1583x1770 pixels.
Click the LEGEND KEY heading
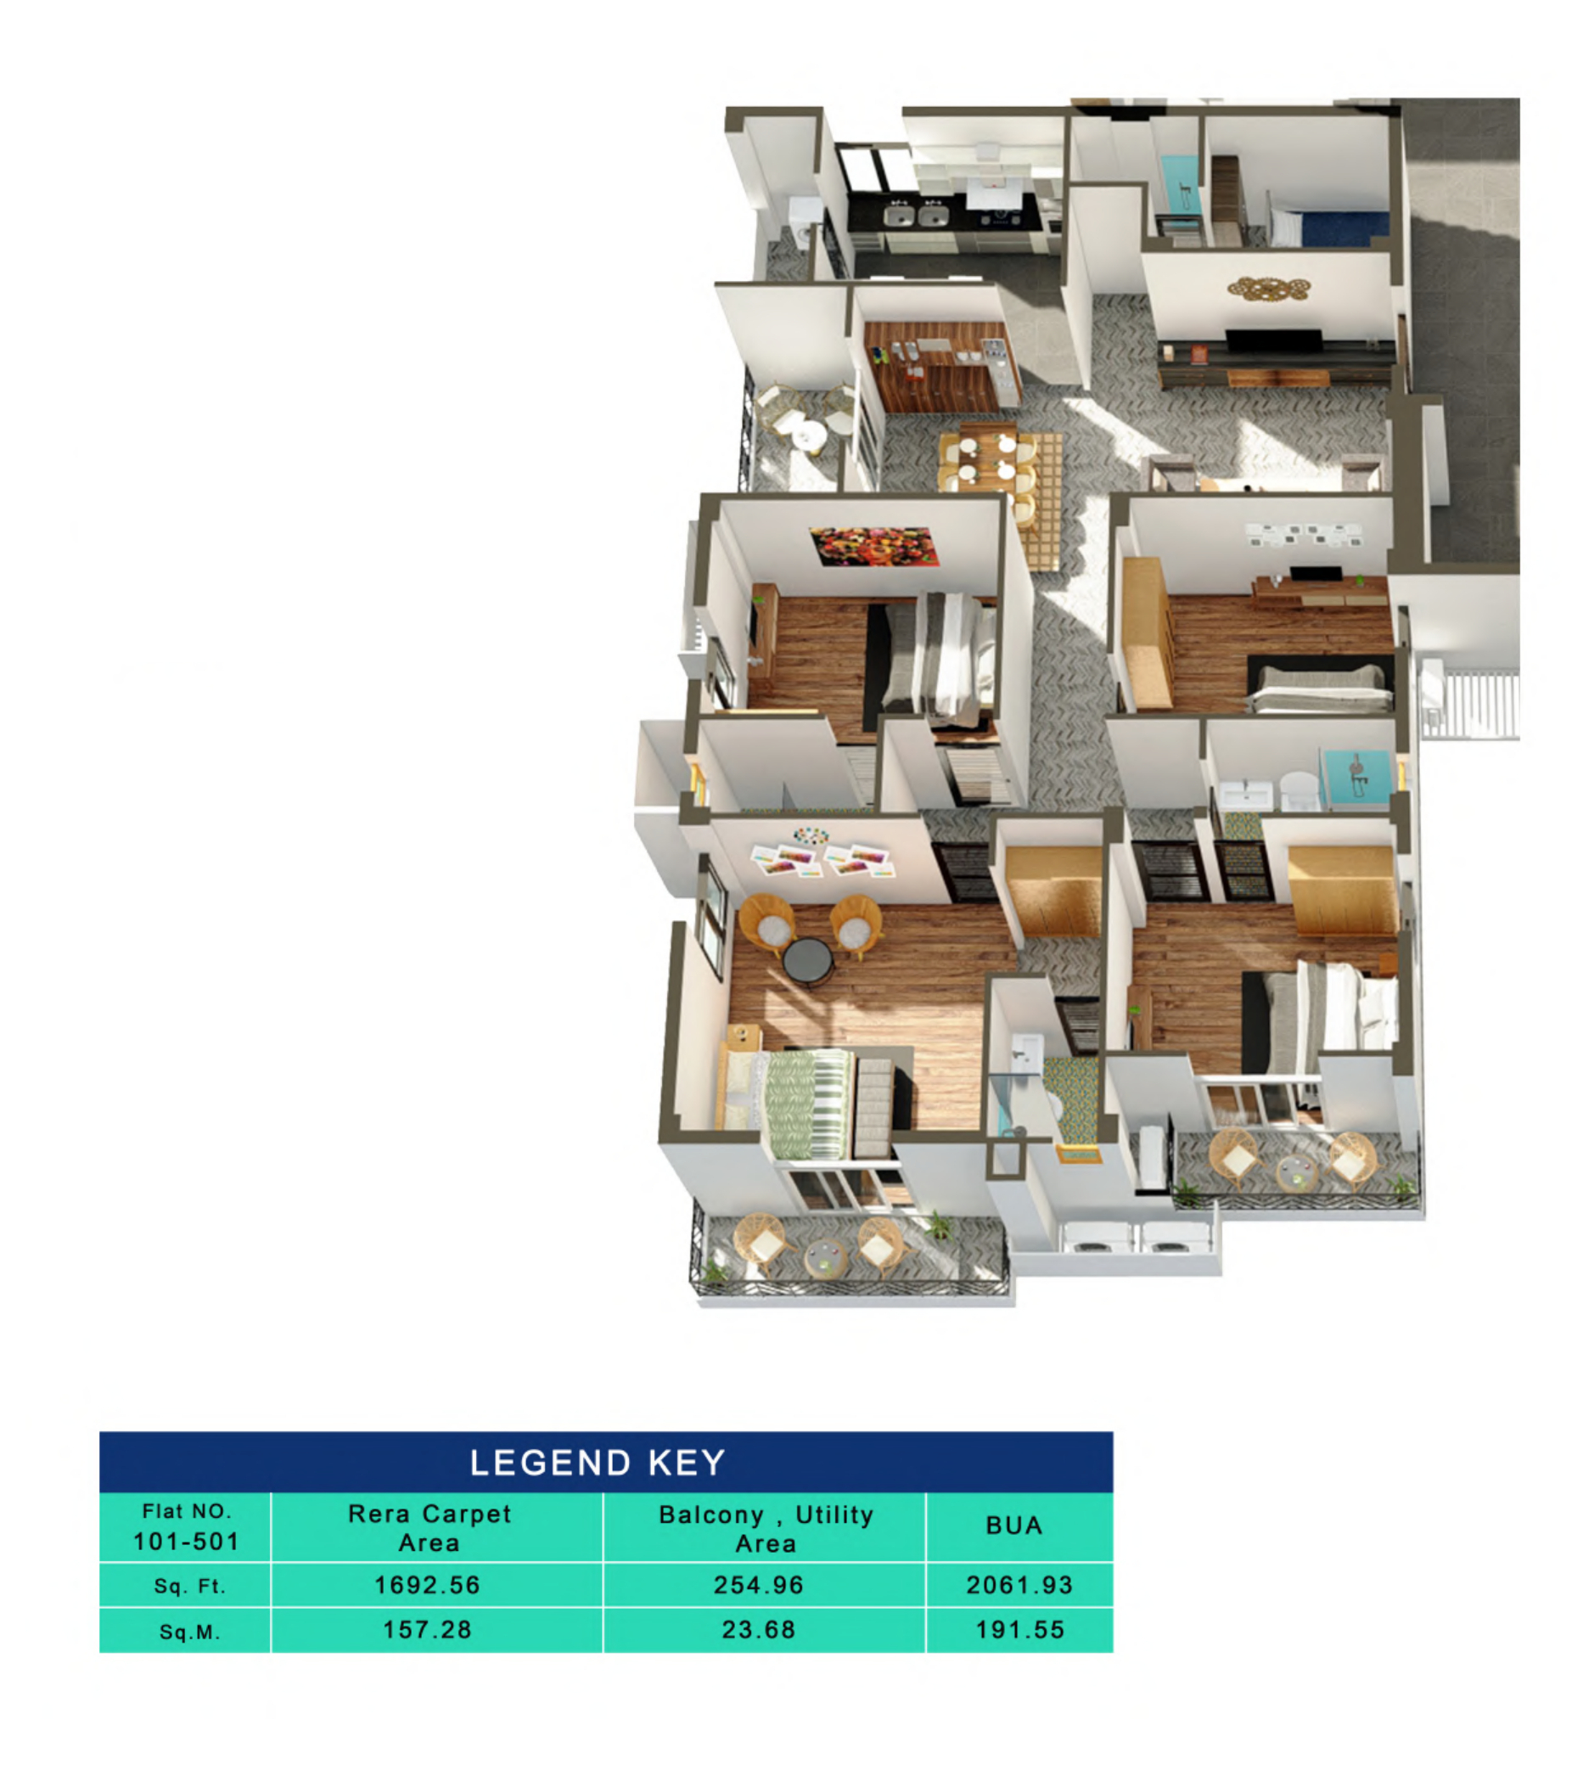597,1462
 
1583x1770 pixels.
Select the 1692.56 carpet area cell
427,1585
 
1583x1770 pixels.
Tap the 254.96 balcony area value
759,1585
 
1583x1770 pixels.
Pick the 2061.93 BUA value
1019,1585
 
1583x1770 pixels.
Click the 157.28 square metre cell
427,1629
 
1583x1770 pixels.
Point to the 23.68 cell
759,1629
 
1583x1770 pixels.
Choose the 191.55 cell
1019,1629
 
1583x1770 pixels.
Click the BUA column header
1013,1526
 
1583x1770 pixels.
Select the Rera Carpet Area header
429,1527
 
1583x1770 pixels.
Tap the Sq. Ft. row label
189,1586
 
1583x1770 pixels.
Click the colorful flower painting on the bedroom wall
873,546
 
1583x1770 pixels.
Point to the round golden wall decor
1268,287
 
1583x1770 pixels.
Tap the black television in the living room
1273,341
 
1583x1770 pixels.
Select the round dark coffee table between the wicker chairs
808,959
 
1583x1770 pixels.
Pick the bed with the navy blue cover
1331,228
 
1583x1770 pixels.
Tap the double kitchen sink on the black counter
915,214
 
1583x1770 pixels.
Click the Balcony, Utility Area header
766,1528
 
